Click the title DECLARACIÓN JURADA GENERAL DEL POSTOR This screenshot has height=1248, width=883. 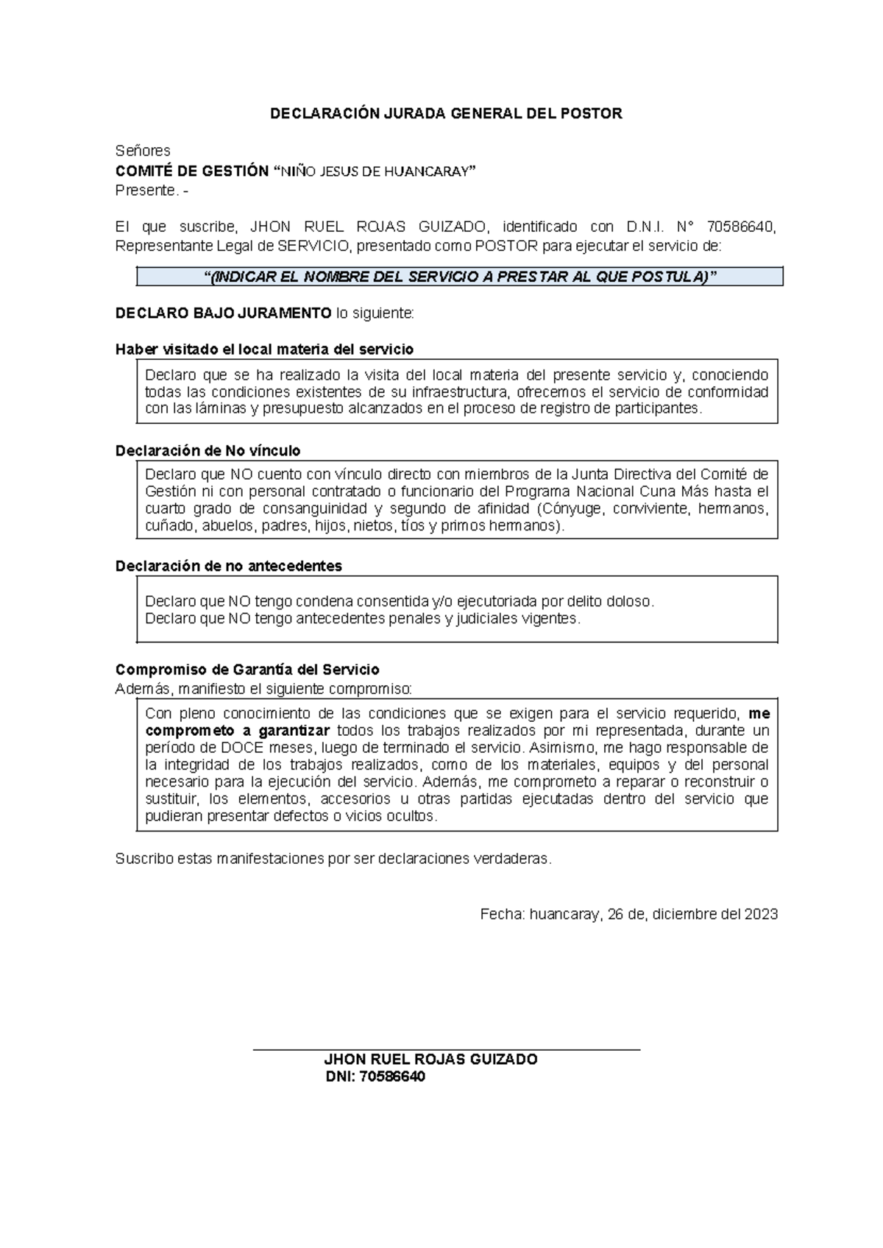(446, 113)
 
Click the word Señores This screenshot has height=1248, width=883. (143, 151)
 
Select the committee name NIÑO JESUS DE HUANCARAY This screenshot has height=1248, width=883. (375, 171)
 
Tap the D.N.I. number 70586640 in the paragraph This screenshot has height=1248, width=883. (740, 227)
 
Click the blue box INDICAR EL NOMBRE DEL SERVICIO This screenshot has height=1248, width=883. (460, 277)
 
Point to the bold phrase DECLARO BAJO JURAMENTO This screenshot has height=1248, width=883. (223, 313)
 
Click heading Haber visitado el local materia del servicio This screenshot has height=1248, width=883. (264, 350)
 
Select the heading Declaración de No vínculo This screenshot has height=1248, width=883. (208, 450)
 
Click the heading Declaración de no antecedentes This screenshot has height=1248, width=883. (229, 566)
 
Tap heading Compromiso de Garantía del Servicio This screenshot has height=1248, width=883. (247, 670)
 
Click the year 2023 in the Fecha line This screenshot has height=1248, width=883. (761, 915)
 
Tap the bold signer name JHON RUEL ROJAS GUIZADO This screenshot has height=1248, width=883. (430, 1060)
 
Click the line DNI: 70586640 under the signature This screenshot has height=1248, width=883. (375, 1077)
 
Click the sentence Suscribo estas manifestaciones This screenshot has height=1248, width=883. (333, 859)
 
